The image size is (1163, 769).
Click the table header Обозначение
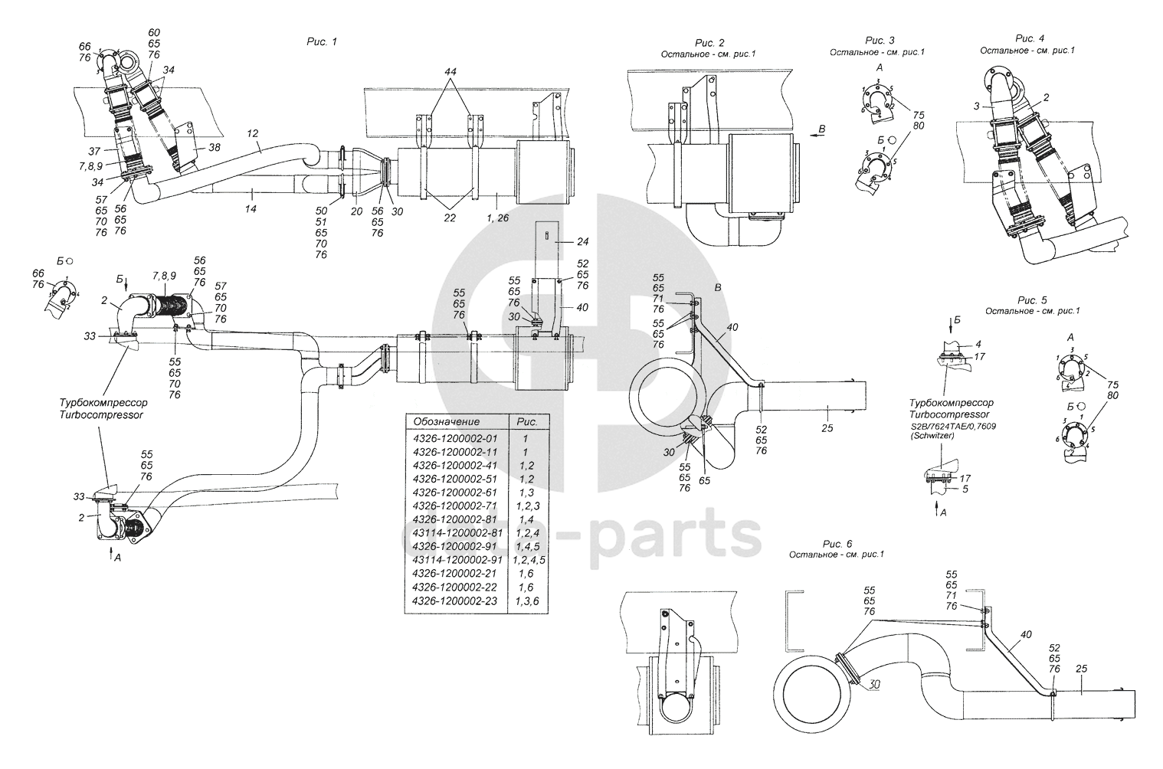pos(446,421)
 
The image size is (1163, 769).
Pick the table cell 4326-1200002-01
pos(455,439)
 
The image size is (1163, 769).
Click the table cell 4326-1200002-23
pos(455,600)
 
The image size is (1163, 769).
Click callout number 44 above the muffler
pos(450,71)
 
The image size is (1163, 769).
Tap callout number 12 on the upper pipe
pos(252,133)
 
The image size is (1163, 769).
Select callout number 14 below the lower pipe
pos(251,208)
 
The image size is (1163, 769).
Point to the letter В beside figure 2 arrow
pos(822,129)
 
